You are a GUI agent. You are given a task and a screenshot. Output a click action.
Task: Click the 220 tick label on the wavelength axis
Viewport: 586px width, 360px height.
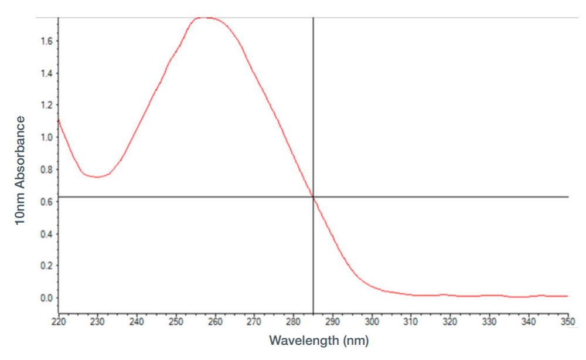[58, 321]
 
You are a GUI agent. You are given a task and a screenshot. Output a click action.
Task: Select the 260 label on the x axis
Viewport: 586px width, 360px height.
[215, 321]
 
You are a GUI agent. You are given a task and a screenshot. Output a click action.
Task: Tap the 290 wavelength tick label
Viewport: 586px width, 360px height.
[333, 321]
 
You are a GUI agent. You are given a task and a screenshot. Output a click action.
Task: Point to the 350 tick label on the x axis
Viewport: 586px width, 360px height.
[568, 321]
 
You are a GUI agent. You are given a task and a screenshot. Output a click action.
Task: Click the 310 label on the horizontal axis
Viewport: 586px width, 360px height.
[411, 321]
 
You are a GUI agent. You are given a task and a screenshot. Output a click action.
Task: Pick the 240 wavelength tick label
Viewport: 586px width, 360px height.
[137, 321]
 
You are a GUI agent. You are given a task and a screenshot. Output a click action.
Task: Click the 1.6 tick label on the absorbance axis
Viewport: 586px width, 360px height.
[47, 40]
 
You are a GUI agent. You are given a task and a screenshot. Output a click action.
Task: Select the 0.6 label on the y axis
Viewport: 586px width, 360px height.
[47, 202]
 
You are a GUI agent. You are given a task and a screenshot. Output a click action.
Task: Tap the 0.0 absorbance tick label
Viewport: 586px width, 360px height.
[47, 298]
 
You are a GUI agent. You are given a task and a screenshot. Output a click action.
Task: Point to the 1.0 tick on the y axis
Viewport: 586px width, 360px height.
[47, 137]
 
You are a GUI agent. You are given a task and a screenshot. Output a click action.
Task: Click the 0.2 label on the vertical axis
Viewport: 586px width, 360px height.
[47, 266]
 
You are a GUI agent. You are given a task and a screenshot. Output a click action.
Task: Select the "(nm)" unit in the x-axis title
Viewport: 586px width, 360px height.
[356, 341]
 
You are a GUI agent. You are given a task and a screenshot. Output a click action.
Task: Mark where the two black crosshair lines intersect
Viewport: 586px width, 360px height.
[313, 196]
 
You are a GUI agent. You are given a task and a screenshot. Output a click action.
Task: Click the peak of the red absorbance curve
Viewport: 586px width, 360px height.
[205, 18]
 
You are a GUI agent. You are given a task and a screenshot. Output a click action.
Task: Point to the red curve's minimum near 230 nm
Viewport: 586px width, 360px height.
[97, 177]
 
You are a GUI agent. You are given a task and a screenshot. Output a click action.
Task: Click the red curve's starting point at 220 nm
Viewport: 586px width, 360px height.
[59, 120]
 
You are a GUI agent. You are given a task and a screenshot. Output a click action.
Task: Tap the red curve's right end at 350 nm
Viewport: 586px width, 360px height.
[567, 296]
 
